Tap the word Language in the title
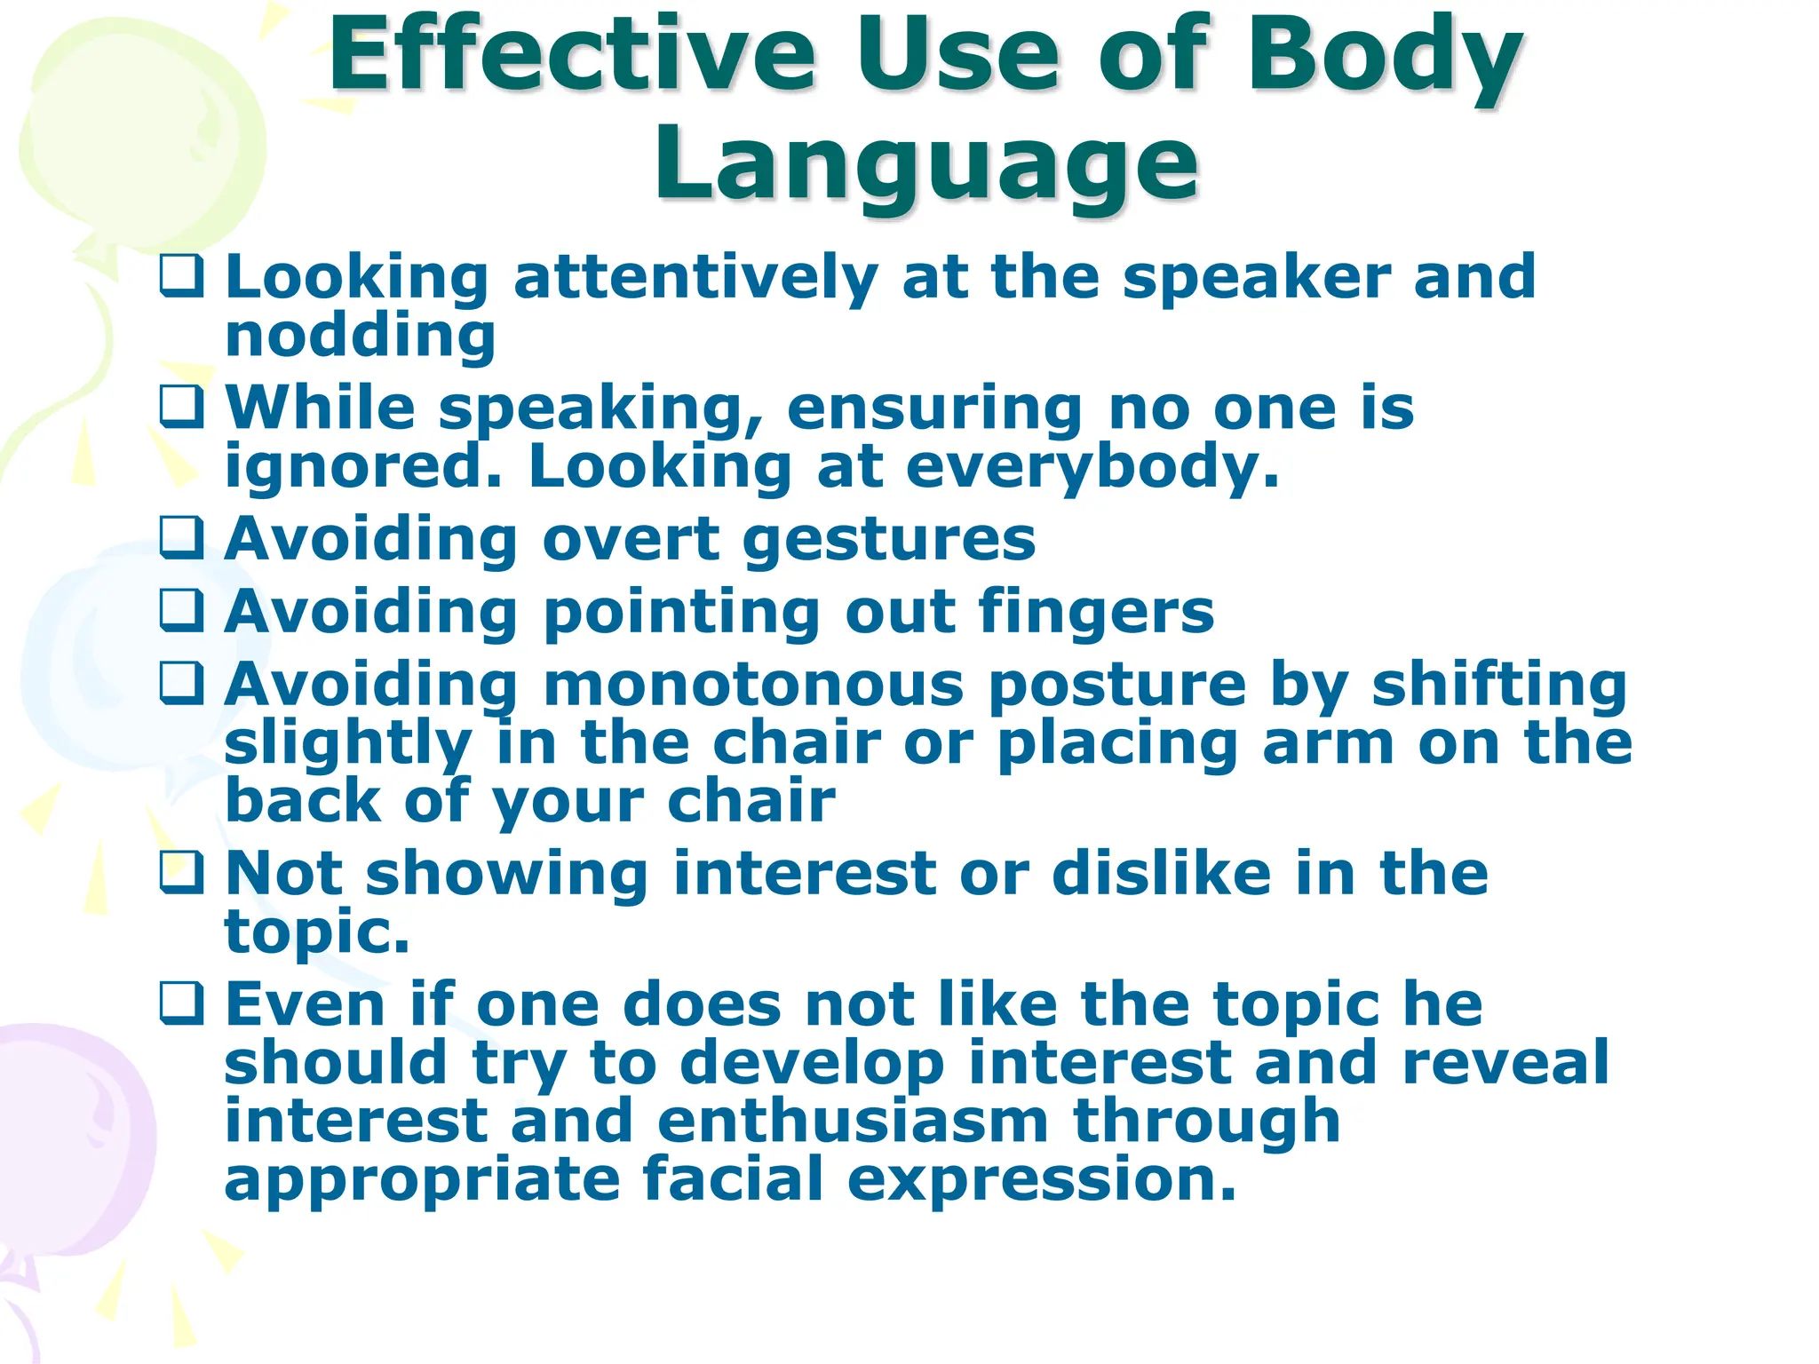[x=926, y=165]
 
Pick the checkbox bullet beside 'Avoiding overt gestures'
[x=182, y=538]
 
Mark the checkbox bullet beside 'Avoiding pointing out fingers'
[x=182, y=611]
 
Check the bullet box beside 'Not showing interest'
[x=182, y=872]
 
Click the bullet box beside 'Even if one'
[x=182, y=1003]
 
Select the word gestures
[x=889, y=540]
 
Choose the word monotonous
[x=753, y=685]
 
